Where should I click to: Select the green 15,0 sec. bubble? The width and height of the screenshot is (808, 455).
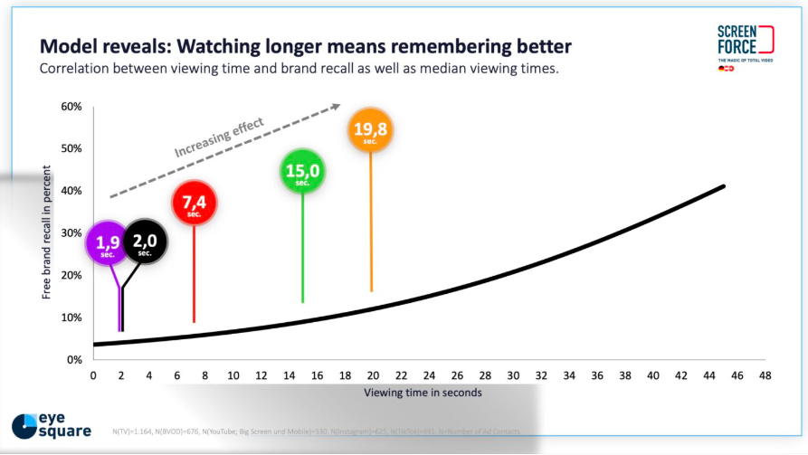tap(303, 174)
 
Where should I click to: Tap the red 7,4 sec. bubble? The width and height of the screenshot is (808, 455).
tap(194, 205)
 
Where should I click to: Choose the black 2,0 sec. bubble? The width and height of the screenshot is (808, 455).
tap(145, 242)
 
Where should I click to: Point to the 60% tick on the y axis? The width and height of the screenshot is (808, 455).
tap(71, 107)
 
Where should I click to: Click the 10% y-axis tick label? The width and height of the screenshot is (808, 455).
tap(71, 318)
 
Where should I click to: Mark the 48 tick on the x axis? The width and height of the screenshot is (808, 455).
tap(765, 375)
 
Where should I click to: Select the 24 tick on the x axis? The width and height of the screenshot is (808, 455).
tap(429, 375)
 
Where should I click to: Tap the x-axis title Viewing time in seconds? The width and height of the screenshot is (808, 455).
tap(423, 393)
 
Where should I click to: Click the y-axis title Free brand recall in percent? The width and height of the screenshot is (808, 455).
tap(46, 233)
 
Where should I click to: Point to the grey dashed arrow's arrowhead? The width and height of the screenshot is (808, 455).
tap(336, 107)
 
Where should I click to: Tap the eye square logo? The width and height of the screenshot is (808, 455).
tap(52, 425)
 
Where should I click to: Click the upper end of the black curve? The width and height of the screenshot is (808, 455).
tap(725, 186)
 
